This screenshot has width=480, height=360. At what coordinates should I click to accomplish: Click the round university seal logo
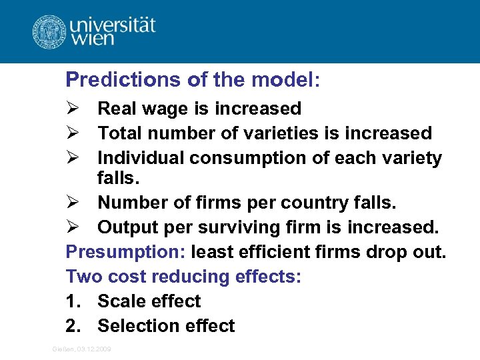click(x=49, y=31)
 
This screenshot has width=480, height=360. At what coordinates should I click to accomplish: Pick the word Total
click(x=121, y=133)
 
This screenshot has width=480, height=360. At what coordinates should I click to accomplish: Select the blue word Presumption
click(x=125, y=252)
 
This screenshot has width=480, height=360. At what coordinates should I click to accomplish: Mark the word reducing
click(x=193, y=277)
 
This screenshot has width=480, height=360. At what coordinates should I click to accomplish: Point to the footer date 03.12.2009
click(x=95, y=349)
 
